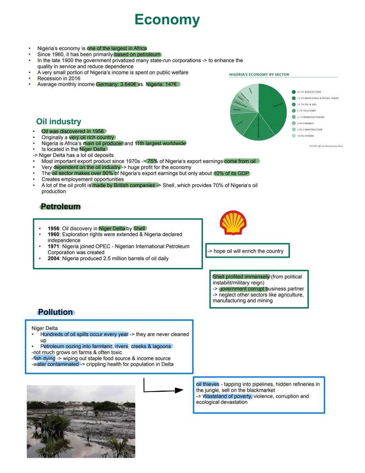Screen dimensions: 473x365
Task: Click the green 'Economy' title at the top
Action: click(x=167, y=20)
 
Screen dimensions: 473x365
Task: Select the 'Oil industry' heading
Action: click(x=58, y=122)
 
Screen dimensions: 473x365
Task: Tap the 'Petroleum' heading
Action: click(x=60, y=207)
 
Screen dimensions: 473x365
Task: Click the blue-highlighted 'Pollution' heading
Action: click(x=55, y=312)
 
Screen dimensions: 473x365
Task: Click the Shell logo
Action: click(x=233, y=223)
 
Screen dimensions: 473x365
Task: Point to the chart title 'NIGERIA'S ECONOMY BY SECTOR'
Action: click(x=259, y=74)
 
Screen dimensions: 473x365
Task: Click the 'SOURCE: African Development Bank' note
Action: click(x=325, y=146)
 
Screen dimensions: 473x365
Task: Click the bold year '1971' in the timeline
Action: click(x=53, y=246)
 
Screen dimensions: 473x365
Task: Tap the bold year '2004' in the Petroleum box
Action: click(x=53, y=258)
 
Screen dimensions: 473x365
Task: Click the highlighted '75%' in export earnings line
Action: click(x=152, y=162)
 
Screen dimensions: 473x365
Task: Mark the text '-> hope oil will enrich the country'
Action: click(x=245, y=251)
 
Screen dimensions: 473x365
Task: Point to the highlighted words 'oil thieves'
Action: click(x=208, y=384)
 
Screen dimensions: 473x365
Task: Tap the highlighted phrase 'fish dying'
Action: click(x=44, y=358)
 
